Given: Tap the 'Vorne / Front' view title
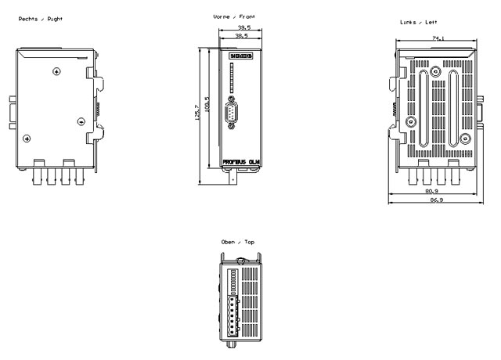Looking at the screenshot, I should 234,16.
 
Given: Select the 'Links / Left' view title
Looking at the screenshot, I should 416,23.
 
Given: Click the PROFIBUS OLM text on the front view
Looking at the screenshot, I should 240,162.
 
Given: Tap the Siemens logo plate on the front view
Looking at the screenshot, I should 241,57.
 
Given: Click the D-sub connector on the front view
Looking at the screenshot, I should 232,117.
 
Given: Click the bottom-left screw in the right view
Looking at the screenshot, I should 27,139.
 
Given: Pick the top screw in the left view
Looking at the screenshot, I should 436,71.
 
